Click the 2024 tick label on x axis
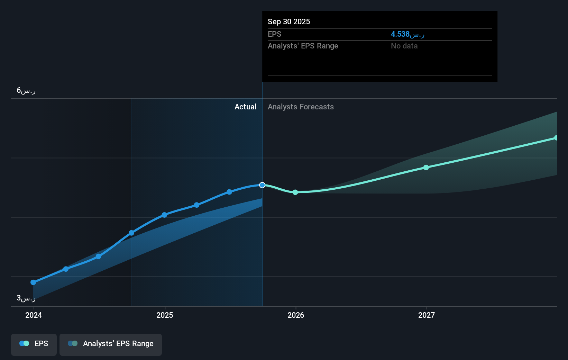point(34,315)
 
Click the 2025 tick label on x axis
point(165,315)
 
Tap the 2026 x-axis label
point(296,315)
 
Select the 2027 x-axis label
point(427,315)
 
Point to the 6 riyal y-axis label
point(26,91)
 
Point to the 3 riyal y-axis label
point(26,298)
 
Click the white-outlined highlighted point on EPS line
point(262,185)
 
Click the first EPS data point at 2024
point(33,282)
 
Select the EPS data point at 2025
point(164,215)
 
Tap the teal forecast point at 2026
point(295,192)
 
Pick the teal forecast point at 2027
point(426,168)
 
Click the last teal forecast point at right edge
point(556,138)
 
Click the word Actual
point(245,107)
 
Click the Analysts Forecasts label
point(301,107)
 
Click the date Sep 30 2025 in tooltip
point(289,21)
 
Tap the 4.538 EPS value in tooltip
point(407,34)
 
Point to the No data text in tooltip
point(404,46)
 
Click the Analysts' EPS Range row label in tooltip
point(303,46)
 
